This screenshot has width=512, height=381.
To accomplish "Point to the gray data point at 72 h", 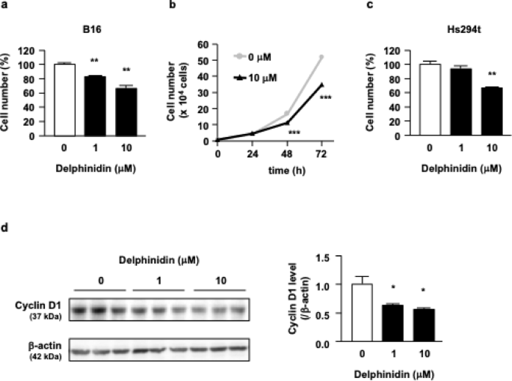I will coord(321,57).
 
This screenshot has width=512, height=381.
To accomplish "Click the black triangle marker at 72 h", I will coord(321,85).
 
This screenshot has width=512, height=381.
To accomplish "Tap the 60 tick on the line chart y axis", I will coord(205,44).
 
